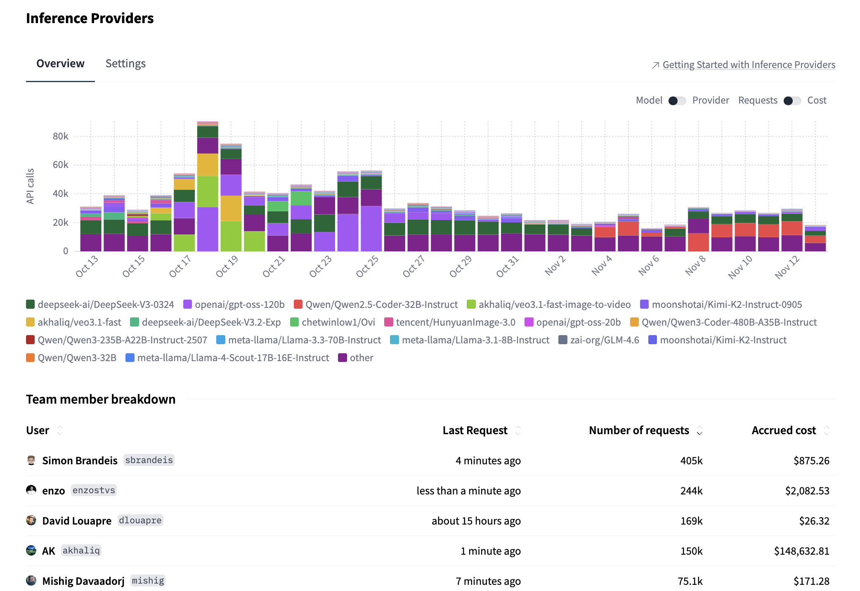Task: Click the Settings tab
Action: (x=125, y=64)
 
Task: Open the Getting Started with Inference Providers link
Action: (x=749, y=65)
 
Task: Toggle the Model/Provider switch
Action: (x=677, y=101)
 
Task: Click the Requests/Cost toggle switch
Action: (x=792, y=101)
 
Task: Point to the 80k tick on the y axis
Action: (x=61, y=136)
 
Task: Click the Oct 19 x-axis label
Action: (x=227, y=266)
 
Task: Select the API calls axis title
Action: (x=30, y=186)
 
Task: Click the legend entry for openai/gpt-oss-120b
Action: (x=239, y=305)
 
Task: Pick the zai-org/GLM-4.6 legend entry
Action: (x=604, y=340)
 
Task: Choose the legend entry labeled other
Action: (x=361, y=358)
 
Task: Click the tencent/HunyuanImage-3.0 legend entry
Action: (x=455, y=322)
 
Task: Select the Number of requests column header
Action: (x=639, y=430)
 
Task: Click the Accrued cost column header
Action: (x=784, y=430)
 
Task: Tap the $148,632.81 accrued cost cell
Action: (x=801, y=551)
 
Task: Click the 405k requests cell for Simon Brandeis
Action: (x=691, y=461)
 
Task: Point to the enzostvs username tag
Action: (x=94, y=490)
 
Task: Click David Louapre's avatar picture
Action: (x=31, y=520)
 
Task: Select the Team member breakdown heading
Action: (x=101, y=400)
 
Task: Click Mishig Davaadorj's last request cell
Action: (x=488, y=581)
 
